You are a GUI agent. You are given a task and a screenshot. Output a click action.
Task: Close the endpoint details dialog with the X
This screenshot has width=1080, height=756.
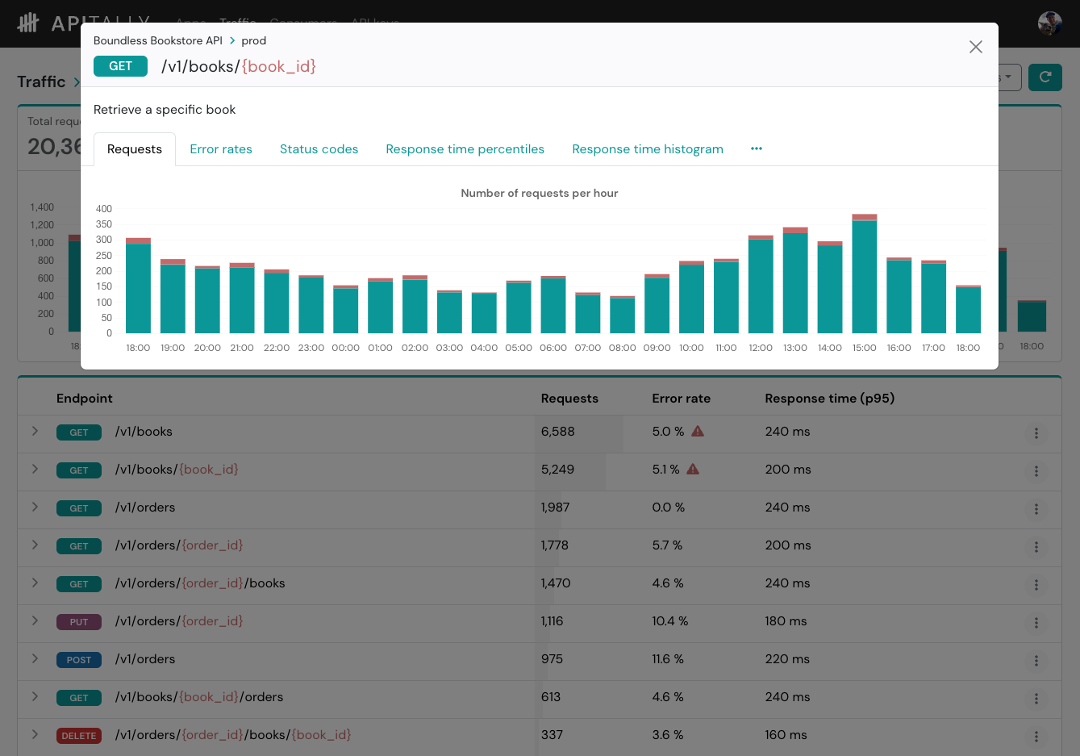point(975,47)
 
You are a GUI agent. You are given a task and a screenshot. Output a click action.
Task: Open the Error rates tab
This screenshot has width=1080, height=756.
point(221,149)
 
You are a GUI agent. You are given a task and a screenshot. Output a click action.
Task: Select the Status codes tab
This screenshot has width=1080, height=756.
point(319,149)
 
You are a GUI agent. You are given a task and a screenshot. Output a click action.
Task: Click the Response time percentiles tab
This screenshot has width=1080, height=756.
point(465,149)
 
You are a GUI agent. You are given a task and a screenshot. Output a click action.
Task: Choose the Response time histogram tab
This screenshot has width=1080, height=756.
point(647,149)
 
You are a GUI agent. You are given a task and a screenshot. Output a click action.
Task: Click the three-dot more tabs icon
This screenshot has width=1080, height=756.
point(756,148)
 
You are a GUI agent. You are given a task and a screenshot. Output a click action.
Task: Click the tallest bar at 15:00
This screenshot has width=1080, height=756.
point(864,274)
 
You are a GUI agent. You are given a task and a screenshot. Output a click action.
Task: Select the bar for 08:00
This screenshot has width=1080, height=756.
point(622,315)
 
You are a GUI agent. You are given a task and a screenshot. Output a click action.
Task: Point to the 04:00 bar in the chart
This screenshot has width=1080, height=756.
point(484,313)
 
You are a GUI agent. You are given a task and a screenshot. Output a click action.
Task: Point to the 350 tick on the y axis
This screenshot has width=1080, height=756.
point(104,224)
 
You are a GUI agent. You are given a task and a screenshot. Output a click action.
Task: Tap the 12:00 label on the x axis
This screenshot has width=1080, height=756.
point(760,348)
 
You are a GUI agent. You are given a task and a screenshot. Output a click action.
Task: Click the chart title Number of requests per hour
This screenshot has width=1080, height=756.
point(539,193)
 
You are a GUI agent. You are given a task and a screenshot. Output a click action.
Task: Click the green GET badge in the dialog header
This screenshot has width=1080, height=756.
point(120,66)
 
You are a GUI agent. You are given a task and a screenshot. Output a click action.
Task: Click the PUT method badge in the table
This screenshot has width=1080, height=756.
point(79,622)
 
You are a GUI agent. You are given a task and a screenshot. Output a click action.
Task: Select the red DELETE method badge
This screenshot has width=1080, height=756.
point(79,736)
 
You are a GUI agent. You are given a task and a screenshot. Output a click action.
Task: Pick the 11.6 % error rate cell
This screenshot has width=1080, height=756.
point(668,659)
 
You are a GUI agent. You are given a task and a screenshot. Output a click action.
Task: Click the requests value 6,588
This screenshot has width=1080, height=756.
point(557,432)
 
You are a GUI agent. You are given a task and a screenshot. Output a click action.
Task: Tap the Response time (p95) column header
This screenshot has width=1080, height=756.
point(829,398)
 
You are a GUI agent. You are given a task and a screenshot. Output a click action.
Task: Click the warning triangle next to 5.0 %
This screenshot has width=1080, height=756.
point(698,431)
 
